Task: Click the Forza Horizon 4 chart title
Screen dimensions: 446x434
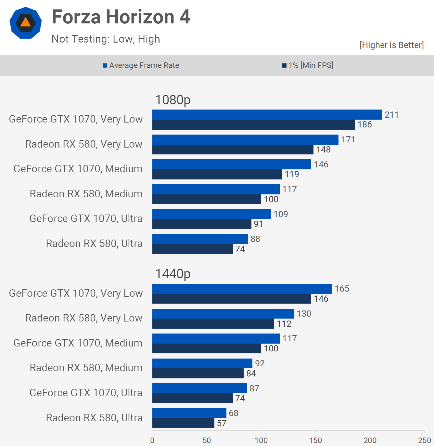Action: coord(121,17)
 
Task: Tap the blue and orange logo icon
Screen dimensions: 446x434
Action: coord(26,23)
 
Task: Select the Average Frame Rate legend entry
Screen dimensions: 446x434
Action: coord(141,65)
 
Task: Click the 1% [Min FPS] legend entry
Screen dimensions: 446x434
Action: coord(308,65)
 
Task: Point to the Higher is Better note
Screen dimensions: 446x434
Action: coord(391,45)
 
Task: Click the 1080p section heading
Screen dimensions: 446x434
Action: coord(173,100)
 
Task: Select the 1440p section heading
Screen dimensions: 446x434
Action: coord(173,274)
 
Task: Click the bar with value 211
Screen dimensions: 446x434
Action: coord(267,115)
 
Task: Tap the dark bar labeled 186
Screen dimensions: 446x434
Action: coord(253,125)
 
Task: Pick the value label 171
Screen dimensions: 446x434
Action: coord(348,139)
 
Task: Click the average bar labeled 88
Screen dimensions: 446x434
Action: coord(200,239)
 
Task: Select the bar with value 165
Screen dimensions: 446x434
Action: coord(242,289)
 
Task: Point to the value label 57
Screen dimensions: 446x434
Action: coord(222,423)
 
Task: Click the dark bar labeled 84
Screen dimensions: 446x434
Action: coord(198,374)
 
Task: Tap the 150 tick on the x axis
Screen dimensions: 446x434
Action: coord(315,440)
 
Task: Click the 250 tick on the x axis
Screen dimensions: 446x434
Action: coord(424,440)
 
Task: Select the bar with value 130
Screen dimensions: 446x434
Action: coord(223,314)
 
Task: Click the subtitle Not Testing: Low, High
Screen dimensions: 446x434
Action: coord(106,39)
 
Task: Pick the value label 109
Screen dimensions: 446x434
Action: coord(281,214)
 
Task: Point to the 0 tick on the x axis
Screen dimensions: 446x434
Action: coord(152,440)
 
